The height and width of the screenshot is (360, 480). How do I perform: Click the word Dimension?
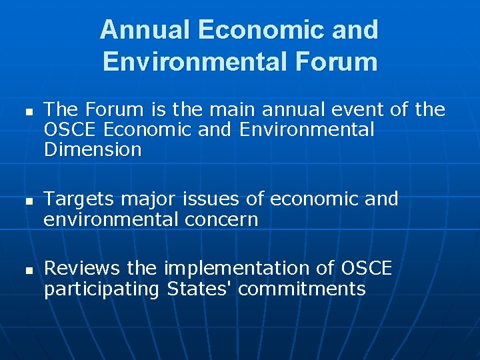coord(93,149)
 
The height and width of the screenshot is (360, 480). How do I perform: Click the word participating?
coord(102,289)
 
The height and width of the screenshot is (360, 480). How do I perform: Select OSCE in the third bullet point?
coord(367,268)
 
